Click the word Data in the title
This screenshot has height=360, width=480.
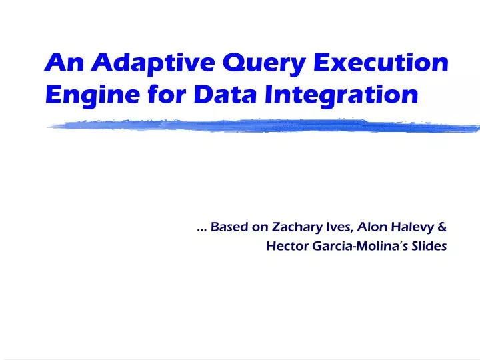click(x=223, y=95)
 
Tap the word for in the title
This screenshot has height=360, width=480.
click(x=161, y=95)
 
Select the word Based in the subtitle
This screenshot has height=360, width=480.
click(x=229, y=227)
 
